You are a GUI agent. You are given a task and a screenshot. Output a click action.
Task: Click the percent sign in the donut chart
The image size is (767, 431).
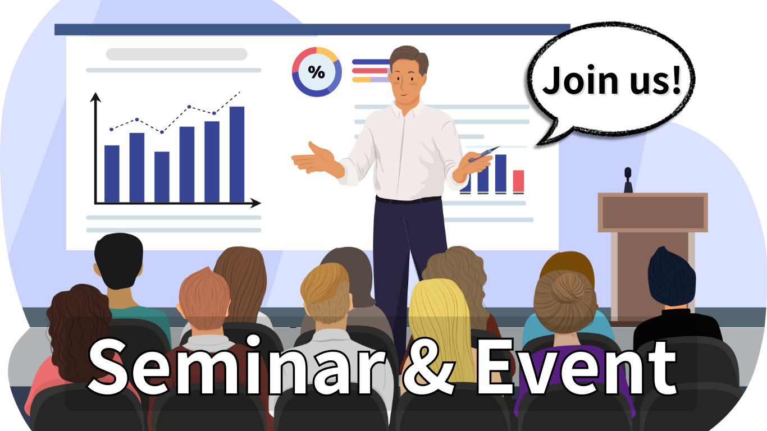[x=316, y=72]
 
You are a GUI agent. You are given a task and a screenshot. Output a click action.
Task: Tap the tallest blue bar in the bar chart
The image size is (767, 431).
[x=237, y=154]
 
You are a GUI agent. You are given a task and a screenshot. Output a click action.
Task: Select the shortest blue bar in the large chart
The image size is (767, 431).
[x=162, y=177]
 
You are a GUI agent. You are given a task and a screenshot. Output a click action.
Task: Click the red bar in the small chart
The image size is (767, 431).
[x=518, y=181]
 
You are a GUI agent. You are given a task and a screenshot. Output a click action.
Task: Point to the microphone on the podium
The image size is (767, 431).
[x=628, y=180]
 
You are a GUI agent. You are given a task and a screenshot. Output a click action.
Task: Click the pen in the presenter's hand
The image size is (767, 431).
[x=483, y=154]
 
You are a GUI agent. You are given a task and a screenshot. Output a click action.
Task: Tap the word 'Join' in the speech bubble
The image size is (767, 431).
[x=580, y=80]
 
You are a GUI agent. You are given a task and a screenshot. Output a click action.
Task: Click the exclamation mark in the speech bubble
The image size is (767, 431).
[x=676, y=80]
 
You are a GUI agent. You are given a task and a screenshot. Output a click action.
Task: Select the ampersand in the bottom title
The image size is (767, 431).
[x=428, y=368]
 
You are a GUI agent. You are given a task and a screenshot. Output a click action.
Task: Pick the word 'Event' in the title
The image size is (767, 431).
[x=577, y=366]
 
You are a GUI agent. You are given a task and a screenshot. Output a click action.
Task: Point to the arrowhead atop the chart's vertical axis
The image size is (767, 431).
[x=95, y=97]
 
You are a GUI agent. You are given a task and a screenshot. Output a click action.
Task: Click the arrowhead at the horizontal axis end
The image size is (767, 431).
[x=255, y=203]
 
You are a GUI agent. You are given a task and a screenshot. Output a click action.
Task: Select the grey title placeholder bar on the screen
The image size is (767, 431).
[x=177, y=54]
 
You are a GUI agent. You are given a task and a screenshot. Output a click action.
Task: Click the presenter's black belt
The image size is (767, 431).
[x=408, y=200]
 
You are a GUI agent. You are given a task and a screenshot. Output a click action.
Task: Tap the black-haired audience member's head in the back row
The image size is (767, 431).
[x=118, y=260]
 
